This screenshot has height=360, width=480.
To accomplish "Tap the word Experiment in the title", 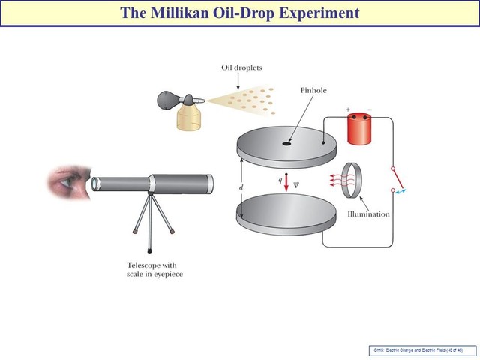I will (x=314, y=13).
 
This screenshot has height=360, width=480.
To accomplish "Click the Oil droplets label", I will (x=242, y=67).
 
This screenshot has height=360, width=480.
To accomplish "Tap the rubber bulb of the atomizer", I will (x=166, y=99).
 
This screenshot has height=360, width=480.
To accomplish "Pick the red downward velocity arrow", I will (x=286, y=184).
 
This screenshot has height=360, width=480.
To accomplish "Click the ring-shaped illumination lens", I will (x=352, y=182).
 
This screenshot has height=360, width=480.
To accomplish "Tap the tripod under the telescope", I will (x=152, y=222).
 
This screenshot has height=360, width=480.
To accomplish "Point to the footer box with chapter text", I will (x=420, y=349).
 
